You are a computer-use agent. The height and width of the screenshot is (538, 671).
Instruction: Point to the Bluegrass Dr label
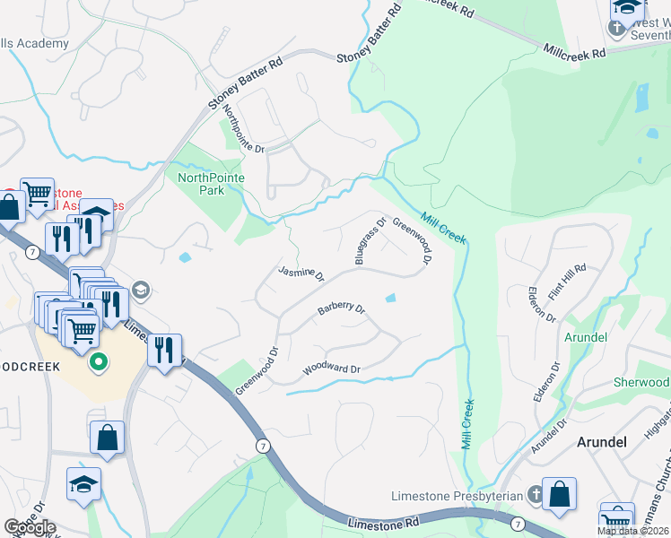[x=369, y=240]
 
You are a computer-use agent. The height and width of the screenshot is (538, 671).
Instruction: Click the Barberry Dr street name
[x=341, y=309]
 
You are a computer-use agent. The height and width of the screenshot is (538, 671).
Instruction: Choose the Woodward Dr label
[x=331, y=369]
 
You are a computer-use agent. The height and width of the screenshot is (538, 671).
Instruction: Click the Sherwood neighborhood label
[x=641, y=382]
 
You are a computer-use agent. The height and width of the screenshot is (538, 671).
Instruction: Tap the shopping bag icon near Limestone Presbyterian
[x=559, y=493]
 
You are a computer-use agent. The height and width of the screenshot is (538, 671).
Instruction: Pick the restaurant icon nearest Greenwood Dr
[x=164, y=350]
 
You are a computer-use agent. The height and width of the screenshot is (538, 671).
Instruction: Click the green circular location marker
[x=98, y=363]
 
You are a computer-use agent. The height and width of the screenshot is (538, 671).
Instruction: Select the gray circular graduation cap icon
[x=140, y=290]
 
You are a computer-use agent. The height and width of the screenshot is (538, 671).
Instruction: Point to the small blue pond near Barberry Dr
[x=390, y=299]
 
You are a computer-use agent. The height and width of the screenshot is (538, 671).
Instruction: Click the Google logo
[x=30, y=527]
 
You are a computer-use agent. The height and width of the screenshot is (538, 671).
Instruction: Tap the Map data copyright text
[x=633, y=531]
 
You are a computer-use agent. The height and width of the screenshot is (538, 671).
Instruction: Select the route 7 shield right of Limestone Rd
[x=518, y=522]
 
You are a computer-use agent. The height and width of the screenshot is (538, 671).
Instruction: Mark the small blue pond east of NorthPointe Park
[x=185, y=257]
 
